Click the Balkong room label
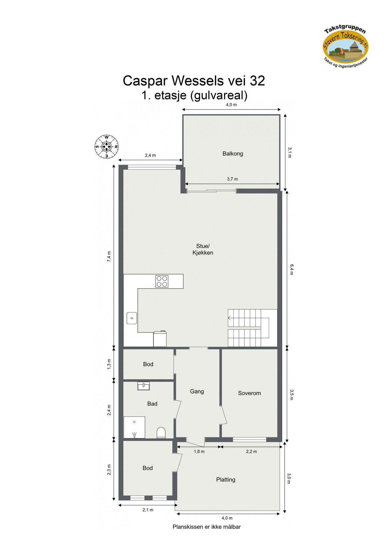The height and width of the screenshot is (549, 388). tap(233, 154)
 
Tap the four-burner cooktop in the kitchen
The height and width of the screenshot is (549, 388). tap(162, 281)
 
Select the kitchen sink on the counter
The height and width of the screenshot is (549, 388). tap(132, 318)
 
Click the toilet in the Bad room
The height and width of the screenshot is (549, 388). tap(161, 432)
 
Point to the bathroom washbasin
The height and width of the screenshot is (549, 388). tap(144, 386)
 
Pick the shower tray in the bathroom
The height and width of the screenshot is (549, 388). tap(134, 427)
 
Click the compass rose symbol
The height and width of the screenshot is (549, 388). tap(106, 146)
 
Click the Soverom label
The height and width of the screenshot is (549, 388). tap(249, 393)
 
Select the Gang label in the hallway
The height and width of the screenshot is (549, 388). tap(197, 392)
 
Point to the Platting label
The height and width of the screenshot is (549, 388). tap(226, 480)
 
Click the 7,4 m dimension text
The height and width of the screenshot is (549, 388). tap(109, 256)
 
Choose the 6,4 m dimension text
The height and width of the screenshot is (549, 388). tap(291, 270)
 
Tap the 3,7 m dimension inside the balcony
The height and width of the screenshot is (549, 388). tap(232, 179)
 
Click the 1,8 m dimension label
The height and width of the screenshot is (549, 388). tap(199, 451)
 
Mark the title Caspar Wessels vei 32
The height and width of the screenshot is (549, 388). tap(194, 81)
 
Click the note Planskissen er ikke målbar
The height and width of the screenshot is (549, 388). tap(207, 527)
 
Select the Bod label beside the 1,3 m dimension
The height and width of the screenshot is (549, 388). tap(148, 364)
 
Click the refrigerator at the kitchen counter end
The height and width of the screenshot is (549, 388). tap(160, 339)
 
